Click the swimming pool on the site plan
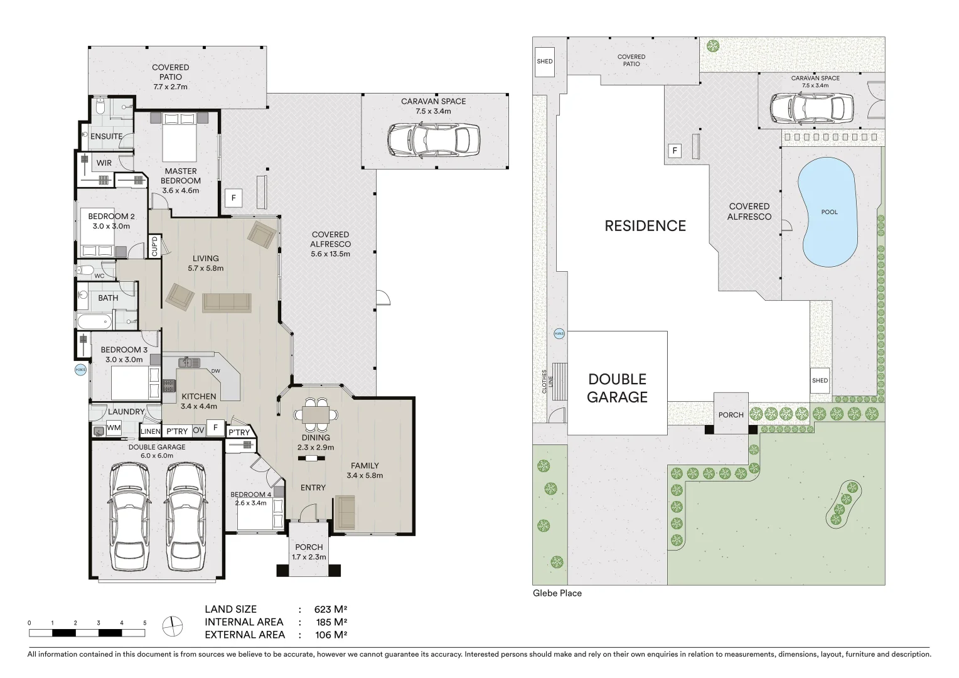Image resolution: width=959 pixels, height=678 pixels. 828,213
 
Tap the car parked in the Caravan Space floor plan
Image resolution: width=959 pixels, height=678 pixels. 434,139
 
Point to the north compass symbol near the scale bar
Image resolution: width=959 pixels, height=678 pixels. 171,626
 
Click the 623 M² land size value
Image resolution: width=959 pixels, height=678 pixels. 331,609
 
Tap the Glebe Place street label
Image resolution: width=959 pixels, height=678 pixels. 557,593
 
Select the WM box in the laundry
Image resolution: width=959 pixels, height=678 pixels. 114,428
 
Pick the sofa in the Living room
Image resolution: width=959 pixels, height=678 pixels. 227,303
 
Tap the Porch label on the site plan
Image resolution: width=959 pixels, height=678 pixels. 731,414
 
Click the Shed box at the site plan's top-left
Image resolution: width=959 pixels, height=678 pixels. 545,61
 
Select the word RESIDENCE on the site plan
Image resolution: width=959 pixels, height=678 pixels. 645,226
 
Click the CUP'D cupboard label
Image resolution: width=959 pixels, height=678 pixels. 154,245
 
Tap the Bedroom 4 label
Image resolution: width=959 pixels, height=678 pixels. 250,494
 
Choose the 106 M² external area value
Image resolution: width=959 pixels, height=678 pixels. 331,635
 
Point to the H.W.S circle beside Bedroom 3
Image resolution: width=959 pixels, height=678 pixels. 80,369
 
